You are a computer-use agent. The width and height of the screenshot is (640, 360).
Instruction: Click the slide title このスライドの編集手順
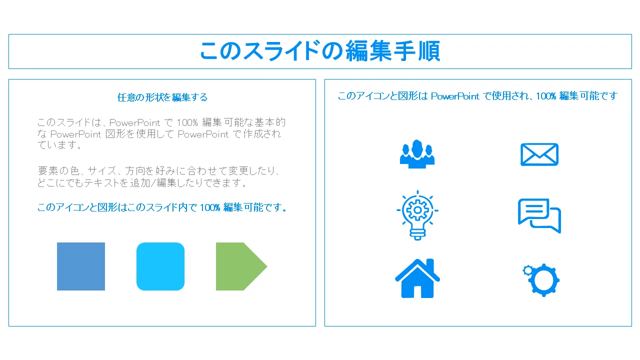320,51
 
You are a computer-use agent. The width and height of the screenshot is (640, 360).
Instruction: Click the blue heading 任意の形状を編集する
162,97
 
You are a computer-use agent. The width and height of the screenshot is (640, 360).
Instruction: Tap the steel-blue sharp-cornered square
81,266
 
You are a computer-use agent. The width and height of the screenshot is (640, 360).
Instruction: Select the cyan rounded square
160,266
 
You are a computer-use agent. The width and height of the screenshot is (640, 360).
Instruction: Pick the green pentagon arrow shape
241,266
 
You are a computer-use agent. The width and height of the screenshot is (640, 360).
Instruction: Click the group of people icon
417,154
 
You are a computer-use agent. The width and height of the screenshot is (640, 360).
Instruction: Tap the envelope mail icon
539,154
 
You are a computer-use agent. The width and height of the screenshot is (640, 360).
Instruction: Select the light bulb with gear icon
417,215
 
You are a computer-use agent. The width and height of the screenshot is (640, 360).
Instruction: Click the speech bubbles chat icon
539,215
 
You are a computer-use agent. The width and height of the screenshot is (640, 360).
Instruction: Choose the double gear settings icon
541,280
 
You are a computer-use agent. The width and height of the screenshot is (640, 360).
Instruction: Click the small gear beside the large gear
528,270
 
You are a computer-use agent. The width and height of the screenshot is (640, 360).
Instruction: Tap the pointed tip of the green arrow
267,266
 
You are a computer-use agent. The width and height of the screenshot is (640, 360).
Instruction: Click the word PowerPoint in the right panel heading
455,96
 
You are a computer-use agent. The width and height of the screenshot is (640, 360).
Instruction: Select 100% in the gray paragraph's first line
187,122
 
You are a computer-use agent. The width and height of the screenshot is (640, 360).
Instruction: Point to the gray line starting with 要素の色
158,171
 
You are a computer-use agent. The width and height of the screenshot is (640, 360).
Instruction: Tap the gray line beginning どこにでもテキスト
142,183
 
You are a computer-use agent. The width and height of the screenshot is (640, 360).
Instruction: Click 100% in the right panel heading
546,96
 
